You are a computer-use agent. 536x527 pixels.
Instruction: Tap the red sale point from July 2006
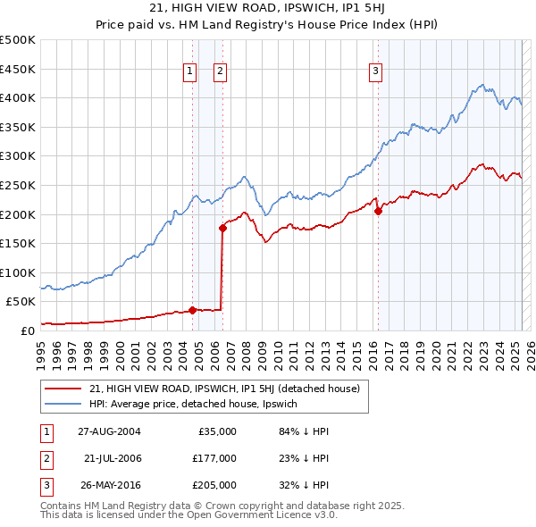pyautogui.click(x=222, y=228)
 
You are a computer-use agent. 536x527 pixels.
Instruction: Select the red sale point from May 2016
pyautogui.click(x=378, y=212)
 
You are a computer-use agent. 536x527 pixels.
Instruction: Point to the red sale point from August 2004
pyautogui.click(x=192, y=310)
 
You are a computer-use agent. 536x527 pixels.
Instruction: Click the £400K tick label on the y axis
pyautogui.click(x=18, y=97)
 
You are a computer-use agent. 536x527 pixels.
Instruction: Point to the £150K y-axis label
pyautogui.click(x=18, y=243)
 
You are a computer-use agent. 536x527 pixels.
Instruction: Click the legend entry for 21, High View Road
pyautogui.click(x=223, y=389)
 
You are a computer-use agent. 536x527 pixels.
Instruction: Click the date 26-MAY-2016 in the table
pyautogui.click(x=109, y=485)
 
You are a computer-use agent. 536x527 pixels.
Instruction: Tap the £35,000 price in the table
pyautogui.click(x=216, y=431)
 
